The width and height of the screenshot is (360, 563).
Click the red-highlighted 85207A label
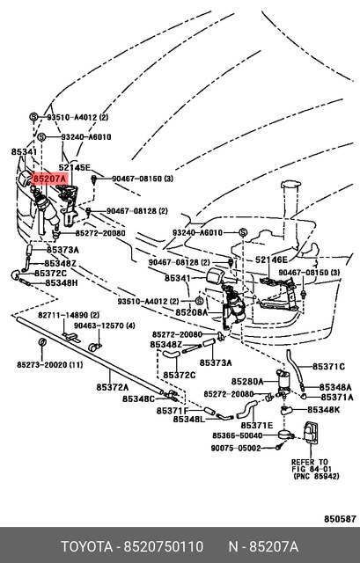point(49,178)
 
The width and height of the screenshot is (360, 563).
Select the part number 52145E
point(75,167)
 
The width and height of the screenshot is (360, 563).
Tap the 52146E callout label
point(272,260)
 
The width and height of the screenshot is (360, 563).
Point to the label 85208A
point(192,313)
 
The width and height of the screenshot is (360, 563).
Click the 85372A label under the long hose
point(113,387)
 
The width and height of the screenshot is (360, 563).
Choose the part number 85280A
point(247,381)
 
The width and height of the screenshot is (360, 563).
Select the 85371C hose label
point(328,367)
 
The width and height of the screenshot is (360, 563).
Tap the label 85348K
point(323,410)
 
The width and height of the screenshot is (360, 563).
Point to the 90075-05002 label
point(236,448)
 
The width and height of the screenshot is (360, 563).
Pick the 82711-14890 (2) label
point(69,315)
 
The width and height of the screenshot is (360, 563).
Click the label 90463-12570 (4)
point(105,325)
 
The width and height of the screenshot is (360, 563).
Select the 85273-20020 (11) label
point(50,365)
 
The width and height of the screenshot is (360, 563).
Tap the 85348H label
point(62,283)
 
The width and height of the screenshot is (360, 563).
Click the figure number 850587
point(340,519)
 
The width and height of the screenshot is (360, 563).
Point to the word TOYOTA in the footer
point(86,547)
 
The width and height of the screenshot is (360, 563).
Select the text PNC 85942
point(318,476)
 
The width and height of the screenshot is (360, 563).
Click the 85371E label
point(257,426)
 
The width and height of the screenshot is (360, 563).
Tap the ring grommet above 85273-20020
point(41,341)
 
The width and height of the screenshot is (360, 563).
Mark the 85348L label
point(189,419)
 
